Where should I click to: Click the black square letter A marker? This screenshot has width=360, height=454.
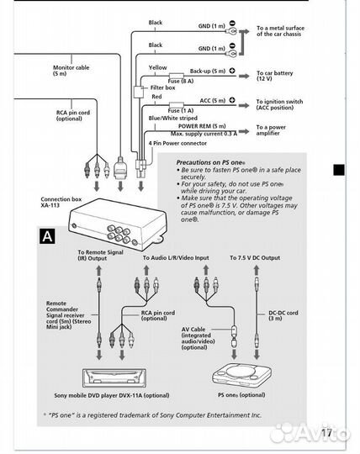(x=47, y=236)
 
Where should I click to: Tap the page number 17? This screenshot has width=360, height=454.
(x=326, y=433)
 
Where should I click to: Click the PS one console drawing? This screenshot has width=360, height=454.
(x=242, y=376)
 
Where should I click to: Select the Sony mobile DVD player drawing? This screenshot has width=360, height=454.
(x=114, y=378)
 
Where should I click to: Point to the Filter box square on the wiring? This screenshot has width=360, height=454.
(x=139, y=92)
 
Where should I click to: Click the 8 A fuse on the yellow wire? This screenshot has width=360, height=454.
(x=177, y=76)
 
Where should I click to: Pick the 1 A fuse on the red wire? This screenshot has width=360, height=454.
(x=177, y=105)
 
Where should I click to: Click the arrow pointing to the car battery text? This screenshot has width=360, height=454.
(x=244, y=77)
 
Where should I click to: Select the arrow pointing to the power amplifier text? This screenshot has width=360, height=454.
(x=244, y=131)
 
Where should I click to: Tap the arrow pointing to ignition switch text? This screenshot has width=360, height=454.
(x=244, y=105)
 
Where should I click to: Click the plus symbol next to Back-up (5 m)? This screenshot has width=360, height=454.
(x=232, y=71)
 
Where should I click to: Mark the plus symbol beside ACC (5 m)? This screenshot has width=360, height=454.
(x=232, y=100)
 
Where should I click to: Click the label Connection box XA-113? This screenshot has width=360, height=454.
(x=61, y=202)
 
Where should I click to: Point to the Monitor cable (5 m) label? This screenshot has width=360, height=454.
(x=71, y=71)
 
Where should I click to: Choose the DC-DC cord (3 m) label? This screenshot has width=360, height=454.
(x=283, y=315)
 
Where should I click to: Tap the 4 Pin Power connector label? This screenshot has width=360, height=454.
(x=177, y=143)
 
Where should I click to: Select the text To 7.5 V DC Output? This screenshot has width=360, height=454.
(x=255, y=258)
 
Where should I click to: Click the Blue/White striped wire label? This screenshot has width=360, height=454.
(x=173, y=119)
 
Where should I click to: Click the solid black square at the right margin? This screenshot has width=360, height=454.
(x=339, y=170)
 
